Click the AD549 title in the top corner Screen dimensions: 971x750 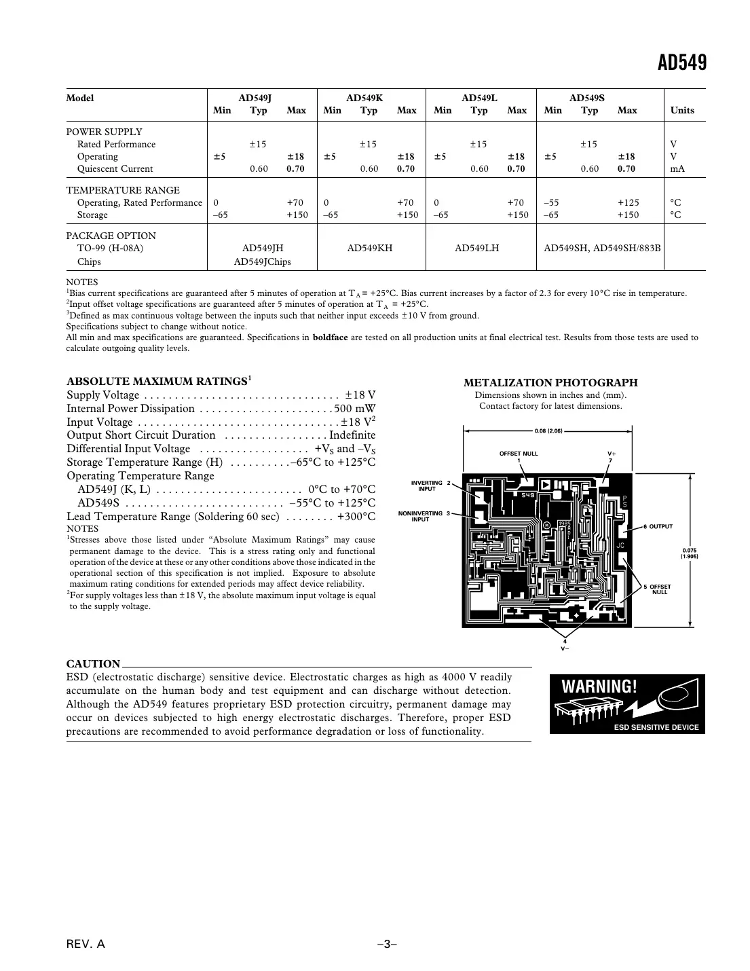(x=681, y=63)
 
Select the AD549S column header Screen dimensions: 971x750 (x=586, y=98)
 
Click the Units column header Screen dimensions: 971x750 (x=681, y=110)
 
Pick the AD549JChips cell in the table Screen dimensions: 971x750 (x=262, y=261)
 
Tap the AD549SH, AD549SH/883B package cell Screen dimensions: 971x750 (x=602, y=248)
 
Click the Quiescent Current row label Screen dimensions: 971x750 (x=115, y=168)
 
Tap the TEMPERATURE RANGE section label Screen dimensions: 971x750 (x=123, y=190)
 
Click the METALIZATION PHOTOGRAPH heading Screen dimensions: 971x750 (x=550, y=383)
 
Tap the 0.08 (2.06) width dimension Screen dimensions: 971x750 (x=549, y=430)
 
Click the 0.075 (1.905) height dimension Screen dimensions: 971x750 (x=690, y=553)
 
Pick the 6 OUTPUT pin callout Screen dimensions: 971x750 (x=658, y=527)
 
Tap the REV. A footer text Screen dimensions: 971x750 (x=86, y=945)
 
